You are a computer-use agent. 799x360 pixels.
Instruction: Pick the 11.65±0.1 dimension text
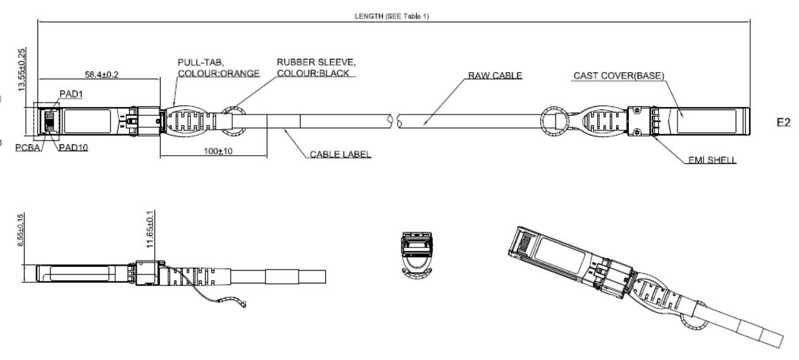(x=150, y=229)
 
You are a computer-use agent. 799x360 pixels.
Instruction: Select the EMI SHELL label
(x=712, y=159)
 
